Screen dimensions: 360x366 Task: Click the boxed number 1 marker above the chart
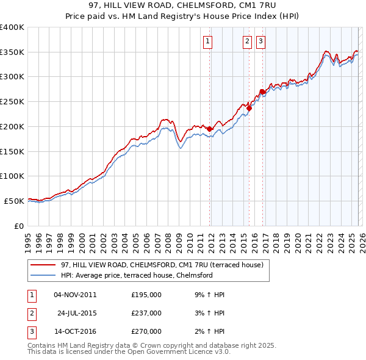(207, 41)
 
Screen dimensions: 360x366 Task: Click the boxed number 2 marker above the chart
(247, 41)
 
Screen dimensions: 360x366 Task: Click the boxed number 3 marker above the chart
(260, 41)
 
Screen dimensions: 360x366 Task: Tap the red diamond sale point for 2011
(209, 129)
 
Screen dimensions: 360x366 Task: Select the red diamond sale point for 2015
(249, 108)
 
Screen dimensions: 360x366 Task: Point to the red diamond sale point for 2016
(262, 92)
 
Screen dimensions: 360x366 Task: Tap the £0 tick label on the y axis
(18, 226)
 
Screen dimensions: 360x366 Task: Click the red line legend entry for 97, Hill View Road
(162, 265)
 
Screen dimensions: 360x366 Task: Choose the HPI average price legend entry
(136, 275)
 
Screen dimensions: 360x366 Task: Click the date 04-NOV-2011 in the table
(75, 295)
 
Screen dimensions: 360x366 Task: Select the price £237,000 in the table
(146, 313)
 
